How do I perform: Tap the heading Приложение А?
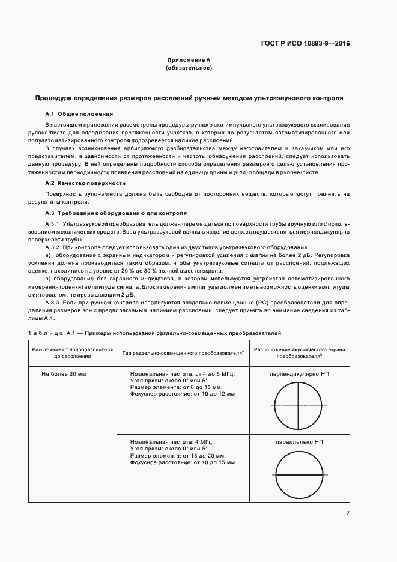189,61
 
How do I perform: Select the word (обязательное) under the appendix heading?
189,68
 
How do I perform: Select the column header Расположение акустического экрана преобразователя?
299,352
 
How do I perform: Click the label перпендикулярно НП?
300,373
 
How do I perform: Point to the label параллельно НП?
300,441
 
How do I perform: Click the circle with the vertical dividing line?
299,406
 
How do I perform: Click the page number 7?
348,513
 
